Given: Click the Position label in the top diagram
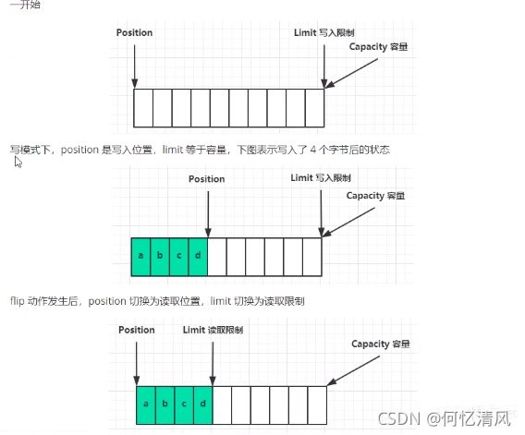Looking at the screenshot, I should tap(135, 32).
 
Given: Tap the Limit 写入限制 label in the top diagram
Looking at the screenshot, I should tap(317, 32).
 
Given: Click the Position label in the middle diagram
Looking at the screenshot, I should tap(206, 179).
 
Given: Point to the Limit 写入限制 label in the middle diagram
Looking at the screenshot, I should tap(321, 177).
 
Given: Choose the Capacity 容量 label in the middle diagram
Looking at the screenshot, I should tap(375, 196).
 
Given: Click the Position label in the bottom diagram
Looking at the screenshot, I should tap(137, 330).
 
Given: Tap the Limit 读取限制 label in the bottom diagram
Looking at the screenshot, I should tap(214, 330).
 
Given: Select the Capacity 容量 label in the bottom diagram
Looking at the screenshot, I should tap(380, 344).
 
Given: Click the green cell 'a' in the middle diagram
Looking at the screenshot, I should tap(140, 257).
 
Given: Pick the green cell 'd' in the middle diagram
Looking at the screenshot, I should tap(197, 257).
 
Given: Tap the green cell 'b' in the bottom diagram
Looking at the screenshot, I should tap(165, 405).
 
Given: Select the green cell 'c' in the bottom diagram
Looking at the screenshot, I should tap(183, 405).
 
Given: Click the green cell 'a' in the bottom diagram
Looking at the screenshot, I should tap(146, 405).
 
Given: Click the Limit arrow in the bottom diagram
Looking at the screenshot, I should tap(212, 360).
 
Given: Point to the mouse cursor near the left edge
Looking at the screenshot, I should tap(18, 163).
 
